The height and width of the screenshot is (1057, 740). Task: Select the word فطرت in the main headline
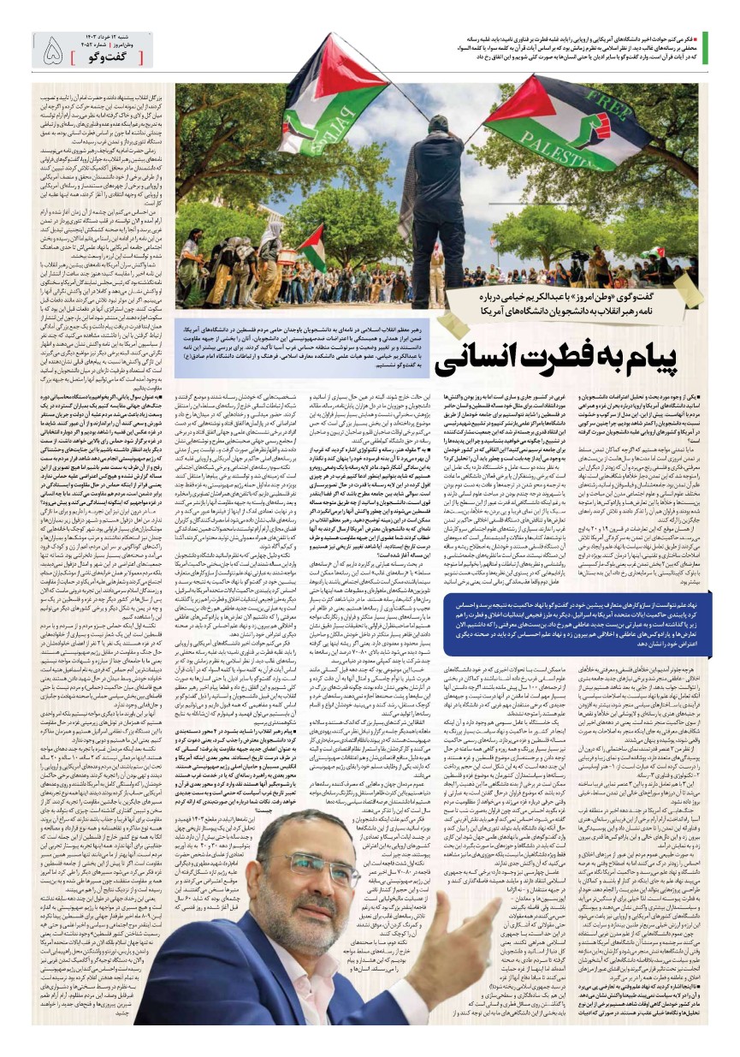coord(582,359)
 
